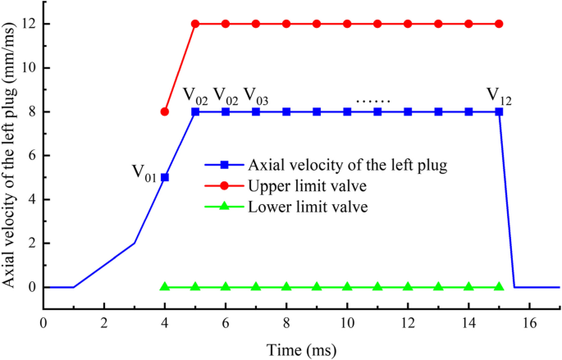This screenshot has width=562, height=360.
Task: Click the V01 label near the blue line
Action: click(144, 172)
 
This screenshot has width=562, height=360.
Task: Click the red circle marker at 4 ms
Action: click(165, 112)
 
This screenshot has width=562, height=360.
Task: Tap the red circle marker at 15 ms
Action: click(499, 24)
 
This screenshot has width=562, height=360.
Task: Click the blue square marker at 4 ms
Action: click(165, 177)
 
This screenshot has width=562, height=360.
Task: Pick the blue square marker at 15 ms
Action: click(499, 112)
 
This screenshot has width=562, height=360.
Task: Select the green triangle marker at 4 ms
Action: click(165, 287)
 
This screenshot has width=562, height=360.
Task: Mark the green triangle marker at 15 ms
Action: click(499, 287)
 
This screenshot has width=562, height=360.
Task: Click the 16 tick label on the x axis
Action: click(529, 323)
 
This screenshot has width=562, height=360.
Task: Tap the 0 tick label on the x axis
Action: click(43, 323)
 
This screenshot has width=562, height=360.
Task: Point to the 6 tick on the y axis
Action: click(32, 156)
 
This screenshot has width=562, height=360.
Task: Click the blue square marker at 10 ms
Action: click(347, 112)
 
